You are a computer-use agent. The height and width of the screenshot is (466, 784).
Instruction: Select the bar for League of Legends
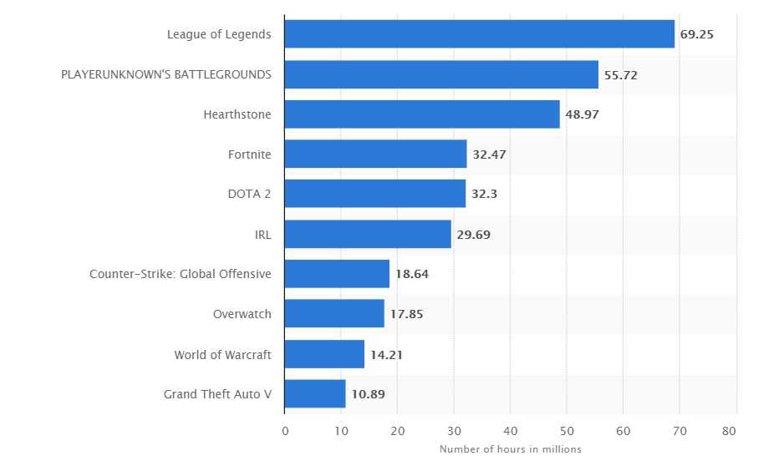pos(479,34)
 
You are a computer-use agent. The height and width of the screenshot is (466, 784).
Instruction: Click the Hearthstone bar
pos(422,114)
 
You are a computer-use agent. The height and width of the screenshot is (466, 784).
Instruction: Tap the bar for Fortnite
pos(375,154)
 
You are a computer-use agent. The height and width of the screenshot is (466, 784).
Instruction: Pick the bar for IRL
pos(368,235)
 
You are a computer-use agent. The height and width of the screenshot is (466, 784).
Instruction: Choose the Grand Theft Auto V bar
pos(315,394)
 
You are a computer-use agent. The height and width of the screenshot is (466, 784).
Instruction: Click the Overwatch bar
pos(334,314)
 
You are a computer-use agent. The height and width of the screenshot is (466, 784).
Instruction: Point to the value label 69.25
pos(696,34)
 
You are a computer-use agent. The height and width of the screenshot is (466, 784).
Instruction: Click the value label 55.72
pos(620,74)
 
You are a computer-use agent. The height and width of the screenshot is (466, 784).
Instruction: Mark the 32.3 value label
pos(484,195)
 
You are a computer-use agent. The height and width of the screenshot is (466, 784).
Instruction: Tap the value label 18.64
pos(411,274)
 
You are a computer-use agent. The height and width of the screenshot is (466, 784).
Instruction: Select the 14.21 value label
pos(386,354)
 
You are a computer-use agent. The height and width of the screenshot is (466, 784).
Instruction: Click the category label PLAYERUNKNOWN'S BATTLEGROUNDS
pos(166,74)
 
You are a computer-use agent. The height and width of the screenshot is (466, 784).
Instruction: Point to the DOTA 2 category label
pos(249,195)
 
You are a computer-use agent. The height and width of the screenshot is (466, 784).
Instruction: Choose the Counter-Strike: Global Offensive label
pos(181,274)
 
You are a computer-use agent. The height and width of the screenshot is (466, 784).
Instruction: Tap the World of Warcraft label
pos(222,354)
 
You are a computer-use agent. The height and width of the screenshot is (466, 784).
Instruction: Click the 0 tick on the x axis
pos(285,431)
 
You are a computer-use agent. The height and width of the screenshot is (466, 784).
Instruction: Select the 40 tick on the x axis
pos(511,431)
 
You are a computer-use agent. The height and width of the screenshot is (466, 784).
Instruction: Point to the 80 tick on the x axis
pos(736,431)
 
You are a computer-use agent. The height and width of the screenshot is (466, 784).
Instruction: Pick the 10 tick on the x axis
pos(341,431)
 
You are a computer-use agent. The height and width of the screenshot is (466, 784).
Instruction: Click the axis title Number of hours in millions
pos(510,449)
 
